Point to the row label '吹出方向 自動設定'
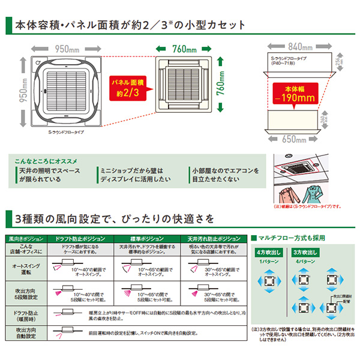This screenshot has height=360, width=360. point(26,334)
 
